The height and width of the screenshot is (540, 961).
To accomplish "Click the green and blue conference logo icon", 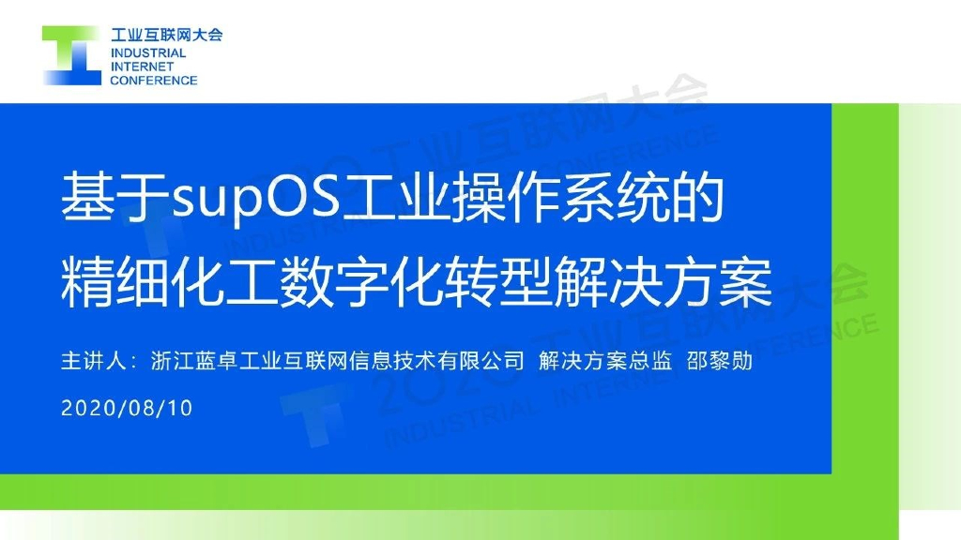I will tap(71, 55).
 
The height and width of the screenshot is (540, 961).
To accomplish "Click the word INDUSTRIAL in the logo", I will tap(148, 53).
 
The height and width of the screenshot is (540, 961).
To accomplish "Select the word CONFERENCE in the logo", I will tap(154, 80).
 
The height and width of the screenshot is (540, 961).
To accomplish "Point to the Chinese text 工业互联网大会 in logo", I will tap(166, 36).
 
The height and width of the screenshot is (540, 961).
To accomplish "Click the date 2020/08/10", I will tap(127, 409).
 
